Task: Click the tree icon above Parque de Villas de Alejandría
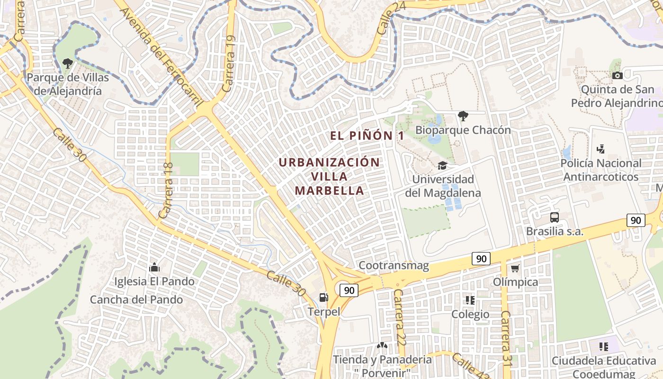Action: (x=68, y=63)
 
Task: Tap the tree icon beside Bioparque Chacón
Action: (x=463, y=116)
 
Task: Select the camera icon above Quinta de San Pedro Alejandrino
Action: (x=617, y=75)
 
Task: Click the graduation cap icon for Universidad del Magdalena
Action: (x=442, y=165)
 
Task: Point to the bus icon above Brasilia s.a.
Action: (x=555, y=217)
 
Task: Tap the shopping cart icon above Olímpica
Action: (x=515, y=268)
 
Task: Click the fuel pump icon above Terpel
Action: (x=324, y=298)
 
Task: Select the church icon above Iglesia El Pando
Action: (x=154, y=268)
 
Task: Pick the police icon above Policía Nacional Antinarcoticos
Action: (x=600, y=149)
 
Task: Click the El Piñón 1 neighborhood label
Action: (x=367, y=135)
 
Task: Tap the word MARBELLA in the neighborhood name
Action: (x=330, y=191)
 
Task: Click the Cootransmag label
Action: (x=394, y=266)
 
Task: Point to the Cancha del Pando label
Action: (x=136, y=300)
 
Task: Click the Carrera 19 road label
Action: (x=229, y=64)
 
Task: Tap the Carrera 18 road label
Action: (x=166, y=190)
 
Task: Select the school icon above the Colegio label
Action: (x=470, y=300)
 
